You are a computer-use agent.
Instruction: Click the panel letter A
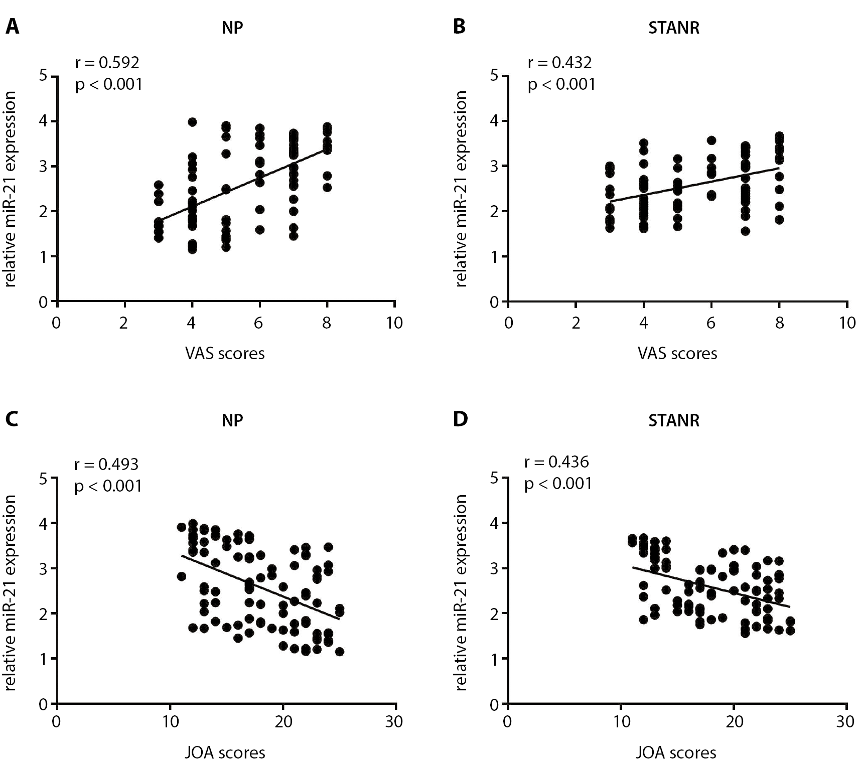(12, 27)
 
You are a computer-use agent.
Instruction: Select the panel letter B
(459, 27)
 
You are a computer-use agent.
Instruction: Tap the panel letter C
(12, 419)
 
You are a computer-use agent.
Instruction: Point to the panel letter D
(460, 419)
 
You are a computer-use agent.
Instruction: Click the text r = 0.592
(107, 63)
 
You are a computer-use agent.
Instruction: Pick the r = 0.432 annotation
(559, 63)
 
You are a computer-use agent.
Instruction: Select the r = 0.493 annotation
(106, 465)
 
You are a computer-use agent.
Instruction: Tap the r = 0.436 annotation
(556, 462)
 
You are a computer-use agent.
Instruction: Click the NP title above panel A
(232, 28)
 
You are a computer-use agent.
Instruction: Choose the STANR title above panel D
(674, 420)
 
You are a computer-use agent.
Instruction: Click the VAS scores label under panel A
(225, 354)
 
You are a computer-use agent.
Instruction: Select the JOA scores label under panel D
(676, 752)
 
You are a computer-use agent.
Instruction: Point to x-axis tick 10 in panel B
(847, 323)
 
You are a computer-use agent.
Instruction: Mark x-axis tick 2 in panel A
(124, 323)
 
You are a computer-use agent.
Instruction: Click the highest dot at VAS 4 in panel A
(192, 122)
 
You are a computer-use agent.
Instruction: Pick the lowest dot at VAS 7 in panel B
(745, 231)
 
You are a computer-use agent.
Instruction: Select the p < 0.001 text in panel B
(561, 85)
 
